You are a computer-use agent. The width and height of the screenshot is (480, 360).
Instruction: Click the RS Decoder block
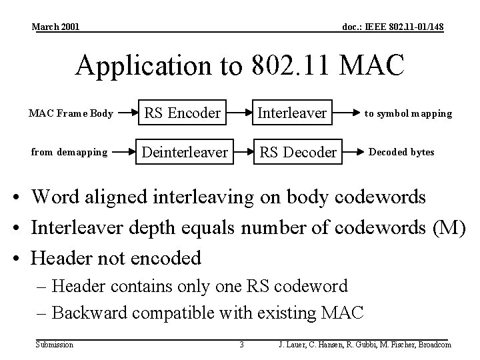[297, 152]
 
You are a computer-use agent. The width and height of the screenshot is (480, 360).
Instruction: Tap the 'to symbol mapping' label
[408, 113]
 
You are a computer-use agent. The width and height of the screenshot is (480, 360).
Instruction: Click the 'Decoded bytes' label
[401, 152]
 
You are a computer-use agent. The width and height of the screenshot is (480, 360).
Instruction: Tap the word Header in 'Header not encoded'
[65, 257]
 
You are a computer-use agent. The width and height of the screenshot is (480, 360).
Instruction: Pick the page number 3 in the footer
[241, 345]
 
